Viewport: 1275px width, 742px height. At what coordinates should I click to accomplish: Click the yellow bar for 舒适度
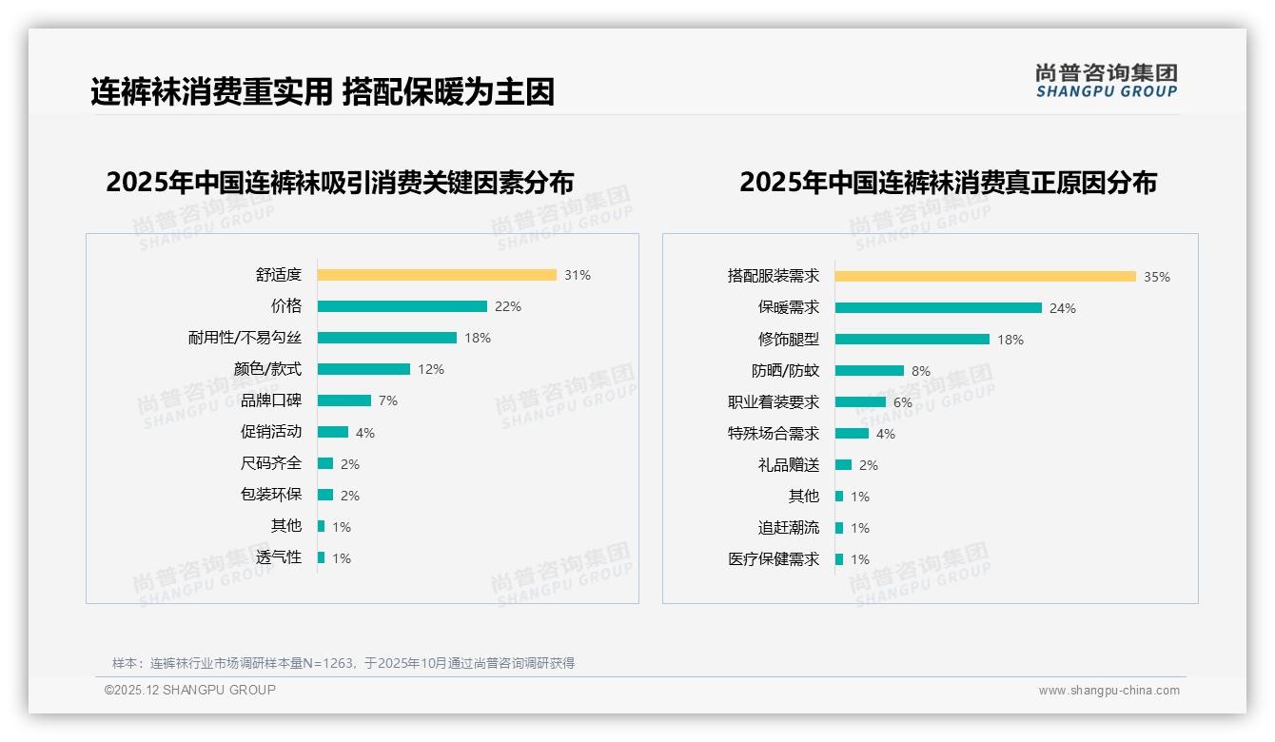pos(437,275)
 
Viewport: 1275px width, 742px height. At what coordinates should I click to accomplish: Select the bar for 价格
pos(402,306)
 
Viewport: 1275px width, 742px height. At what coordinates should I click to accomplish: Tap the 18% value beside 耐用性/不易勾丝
pos(478,338)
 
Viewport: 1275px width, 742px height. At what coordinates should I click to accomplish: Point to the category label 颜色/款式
pos(267,369)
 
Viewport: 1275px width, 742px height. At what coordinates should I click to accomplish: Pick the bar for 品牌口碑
pos(343,400)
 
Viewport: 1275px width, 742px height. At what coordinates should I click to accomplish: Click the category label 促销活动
pos(271,432)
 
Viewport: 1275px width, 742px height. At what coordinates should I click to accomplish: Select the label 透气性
pos(279,557)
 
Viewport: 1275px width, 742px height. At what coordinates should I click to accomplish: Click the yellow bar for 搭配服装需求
pos(985,277)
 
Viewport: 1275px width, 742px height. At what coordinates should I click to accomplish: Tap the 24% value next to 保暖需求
pos(1063,308)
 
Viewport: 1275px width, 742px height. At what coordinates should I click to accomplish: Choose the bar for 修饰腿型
pos(912,340)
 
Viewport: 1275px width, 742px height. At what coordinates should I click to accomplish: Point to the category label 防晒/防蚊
pos(785,371)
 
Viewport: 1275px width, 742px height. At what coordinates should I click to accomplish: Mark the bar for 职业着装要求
pos(860,402)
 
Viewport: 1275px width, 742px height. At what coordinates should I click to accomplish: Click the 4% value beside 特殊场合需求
pos(885,434)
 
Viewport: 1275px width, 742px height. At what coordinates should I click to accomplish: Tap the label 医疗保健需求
pos(774,559)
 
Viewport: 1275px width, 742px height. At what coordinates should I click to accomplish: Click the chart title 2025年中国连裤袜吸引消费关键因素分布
pos(340,183)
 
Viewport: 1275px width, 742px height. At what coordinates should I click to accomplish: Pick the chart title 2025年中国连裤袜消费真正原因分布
pos(948,183)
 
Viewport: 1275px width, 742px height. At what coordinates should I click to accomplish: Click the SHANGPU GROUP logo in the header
pos(1107,81)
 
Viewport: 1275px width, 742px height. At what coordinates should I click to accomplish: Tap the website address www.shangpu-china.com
pos(1108,691)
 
